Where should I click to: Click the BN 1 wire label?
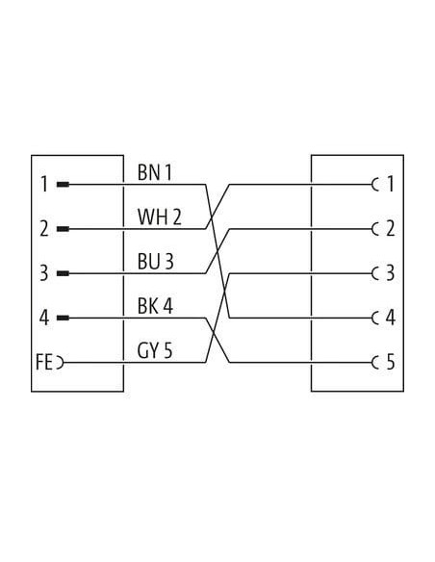click(x=155, y=172)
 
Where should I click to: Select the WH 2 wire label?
click(x=160, y=217)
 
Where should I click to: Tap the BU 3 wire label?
click(x=156, y=262)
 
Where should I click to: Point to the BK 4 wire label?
click(x=155, y=306)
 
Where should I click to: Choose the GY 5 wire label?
click(x=155, y=350)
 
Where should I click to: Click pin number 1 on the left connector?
click(x=44, y=184)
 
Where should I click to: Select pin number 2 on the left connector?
click(x=43, y=229)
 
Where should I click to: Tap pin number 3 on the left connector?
click(x=43, y=273)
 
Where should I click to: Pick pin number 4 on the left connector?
click(x=43, y=318)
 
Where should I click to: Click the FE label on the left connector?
click(x=44, y=362)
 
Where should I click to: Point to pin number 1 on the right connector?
click(x=390, y=184)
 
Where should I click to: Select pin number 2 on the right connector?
click(x=390, y=229)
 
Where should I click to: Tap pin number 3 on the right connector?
click(x=390, y=273)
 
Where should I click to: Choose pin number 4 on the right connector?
click(x=390, y=318)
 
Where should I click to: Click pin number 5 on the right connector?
click(x=390, y=362)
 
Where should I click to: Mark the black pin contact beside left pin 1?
click(x=63, y=185)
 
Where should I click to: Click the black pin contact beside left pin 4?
click(x=63, y=318)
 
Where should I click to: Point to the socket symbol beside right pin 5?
click(x=375, y=363)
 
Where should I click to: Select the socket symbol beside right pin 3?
click(x=375, y=273)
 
